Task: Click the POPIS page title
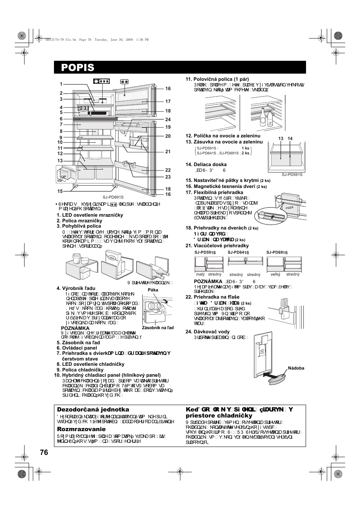[78, 68]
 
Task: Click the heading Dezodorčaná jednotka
[93, 410]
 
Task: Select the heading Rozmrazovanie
[81, 429]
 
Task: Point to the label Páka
[153, 290]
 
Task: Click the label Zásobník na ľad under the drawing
[158, 328]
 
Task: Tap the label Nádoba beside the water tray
[296, 368]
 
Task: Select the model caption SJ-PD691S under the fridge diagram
[113, 197]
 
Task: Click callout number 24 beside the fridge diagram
[168, 120]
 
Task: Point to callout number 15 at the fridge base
[60, 191]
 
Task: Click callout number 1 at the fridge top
[61, 84]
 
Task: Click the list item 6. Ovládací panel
[77, 348]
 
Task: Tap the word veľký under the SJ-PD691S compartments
[275, 274]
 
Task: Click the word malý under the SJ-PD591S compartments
[200, 274]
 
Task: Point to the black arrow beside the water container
[272, 376]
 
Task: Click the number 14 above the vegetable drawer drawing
[290, 139]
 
